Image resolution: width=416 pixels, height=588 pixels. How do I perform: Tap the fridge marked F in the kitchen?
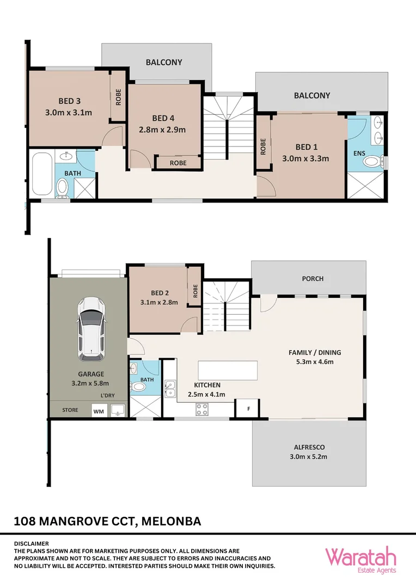click(248, 408)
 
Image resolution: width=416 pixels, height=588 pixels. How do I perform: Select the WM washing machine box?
click(98, 411)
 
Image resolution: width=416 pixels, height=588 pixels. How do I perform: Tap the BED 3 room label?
click(70, 101)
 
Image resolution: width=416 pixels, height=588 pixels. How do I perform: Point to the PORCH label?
click(313, 278)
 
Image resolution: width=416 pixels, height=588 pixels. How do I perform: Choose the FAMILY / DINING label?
click(314, 352)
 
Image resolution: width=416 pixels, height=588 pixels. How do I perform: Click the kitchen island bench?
click(228, 370)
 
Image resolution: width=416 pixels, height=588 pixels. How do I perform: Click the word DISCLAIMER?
click(31, 543)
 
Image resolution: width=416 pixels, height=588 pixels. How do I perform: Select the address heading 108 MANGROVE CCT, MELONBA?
click(107, 521)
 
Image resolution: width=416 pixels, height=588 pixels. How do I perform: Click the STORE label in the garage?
click(70, 410)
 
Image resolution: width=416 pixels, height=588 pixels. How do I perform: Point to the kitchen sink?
click(170, 389)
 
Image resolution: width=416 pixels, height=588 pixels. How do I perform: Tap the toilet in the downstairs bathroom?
click(139, 387)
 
